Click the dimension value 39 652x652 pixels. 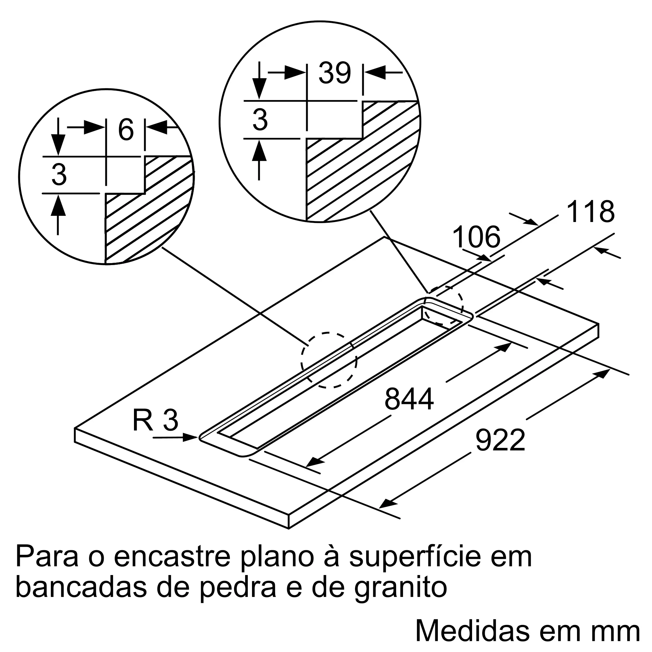click(x=335, y=73)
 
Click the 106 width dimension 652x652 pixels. click(x=476, y=237)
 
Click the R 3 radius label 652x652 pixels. click(x=155, y=421)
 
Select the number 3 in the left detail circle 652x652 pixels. click(x=59, y=175)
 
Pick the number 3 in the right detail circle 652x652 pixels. click(x=260, y=119)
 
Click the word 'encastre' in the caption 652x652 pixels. click(x=172, y=557)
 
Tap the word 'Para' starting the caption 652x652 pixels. click(x=47, y=557)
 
